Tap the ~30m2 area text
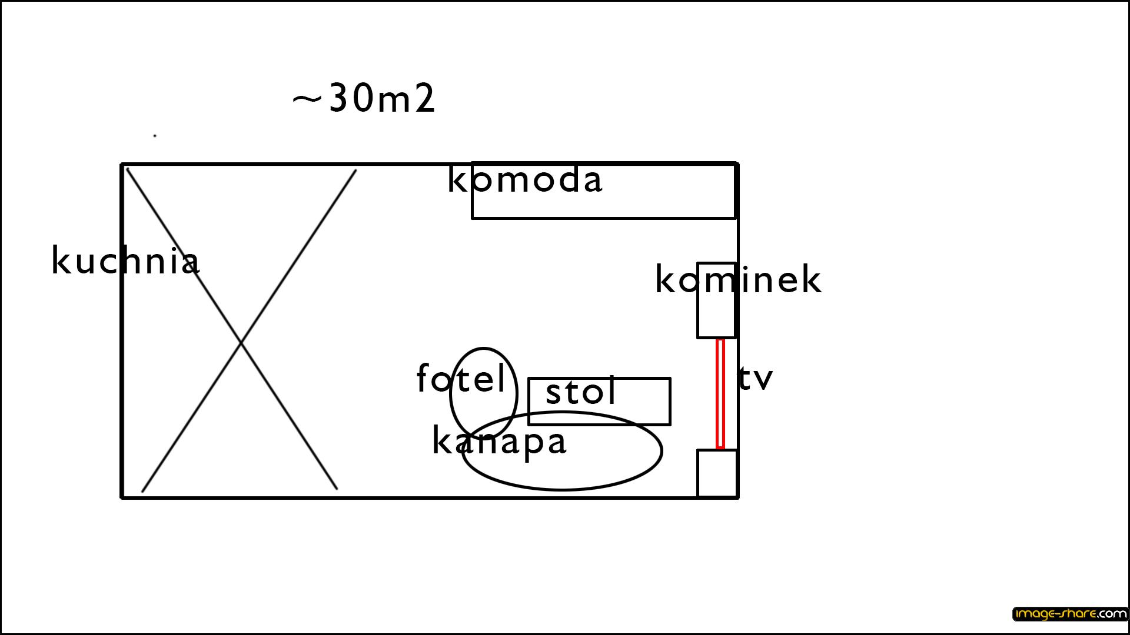click(x=364, y=98)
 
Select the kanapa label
click(x=499, y=442)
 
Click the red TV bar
click(x=720, y=394)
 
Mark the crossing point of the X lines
click(x=241, y=342)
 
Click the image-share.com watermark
click(x=1070, y=614)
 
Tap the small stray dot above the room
click(x=155, y=136)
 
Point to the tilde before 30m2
click(x=307, y=99)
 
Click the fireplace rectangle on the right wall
click(x=698, y=300)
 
